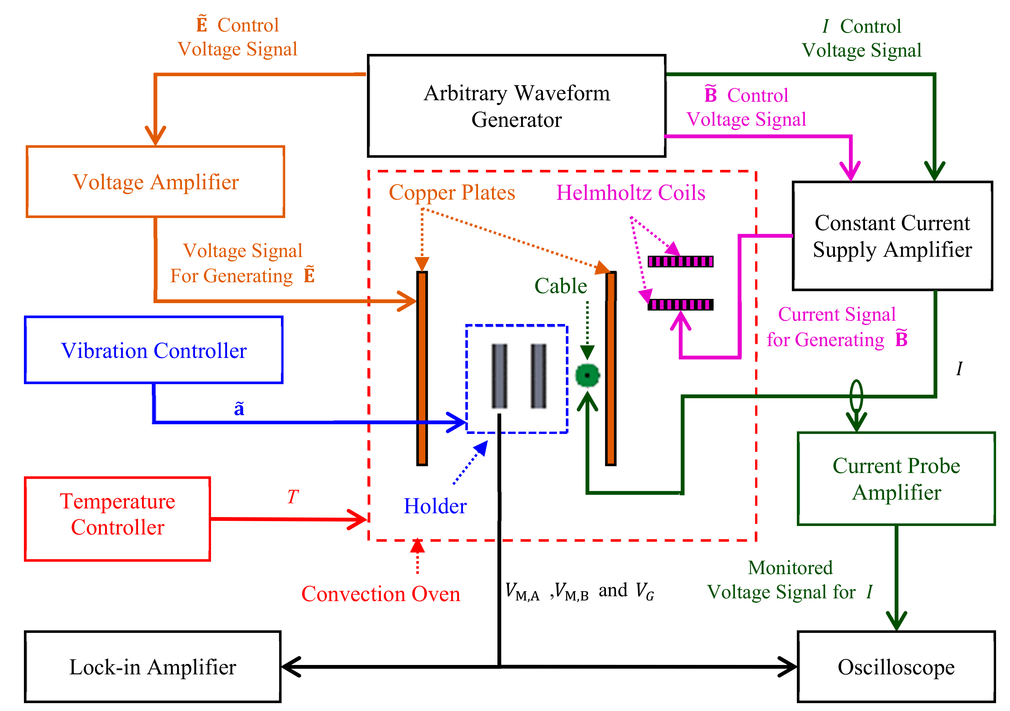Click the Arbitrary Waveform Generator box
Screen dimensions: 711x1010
pos(517,106)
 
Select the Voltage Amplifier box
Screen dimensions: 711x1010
pos(155,182)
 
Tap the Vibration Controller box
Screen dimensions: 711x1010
pos(153,350)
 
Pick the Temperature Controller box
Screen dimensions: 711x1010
pos(117,519)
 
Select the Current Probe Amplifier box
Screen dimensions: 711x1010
pos(896,479)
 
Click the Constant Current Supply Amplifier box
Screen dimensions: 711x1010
pos(892,236)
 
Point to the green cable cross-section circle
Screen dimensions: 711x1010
pos(587,375)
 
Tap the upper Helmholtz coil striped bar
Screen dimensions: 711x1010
pos(680,262)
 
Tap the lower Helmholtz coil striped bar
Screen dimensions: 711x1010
pos(680,304)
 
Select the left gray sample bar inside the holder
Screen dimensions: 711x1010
pos(499,376)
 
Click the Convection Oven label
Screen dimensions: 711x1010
pos(381,594)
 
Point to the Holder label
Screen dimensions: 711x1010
pos(435,506)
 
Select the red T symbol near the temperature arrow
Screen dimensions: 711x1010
pos(292,497)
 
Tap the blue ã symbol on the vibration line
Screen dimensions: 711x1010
pos(239,409)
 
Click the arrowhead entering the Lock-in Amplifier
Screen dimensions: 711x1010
pos(289,667)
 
